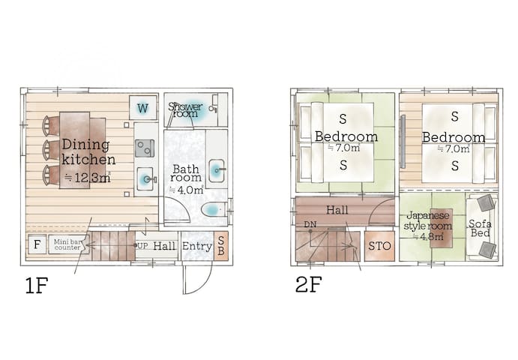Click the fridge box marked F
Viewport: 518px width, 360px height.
(35, 244)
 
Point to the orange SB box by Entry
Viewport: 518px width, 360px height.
(220, 245)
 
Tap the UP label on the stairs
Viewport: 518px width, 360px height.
(142, 245)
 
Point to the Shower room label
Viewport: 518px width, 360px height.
(184, 109)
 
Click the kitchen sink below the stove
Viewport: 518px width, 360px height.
(145, 178)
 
